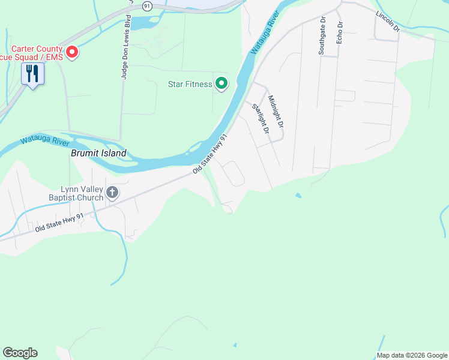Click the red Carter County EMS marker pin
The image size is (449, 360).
[72, 53]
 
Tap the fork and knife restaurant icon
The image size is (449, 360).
[32, 74]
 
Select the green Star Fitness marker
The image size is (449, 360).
[221, 83]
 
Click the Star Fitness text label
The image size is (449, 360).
[190, 84]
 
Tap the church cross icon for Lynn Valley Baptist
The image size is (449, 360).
[112, 193]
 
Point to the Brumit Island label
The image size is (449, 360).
[98, 153]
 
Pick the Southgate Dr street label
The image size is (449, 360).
[322, 35]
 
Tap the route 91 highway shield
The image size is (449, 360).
[148, 5]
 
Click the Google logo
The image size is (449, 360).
[20, 353]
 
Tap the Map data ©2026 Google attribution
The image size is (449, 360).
[412, 355]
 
